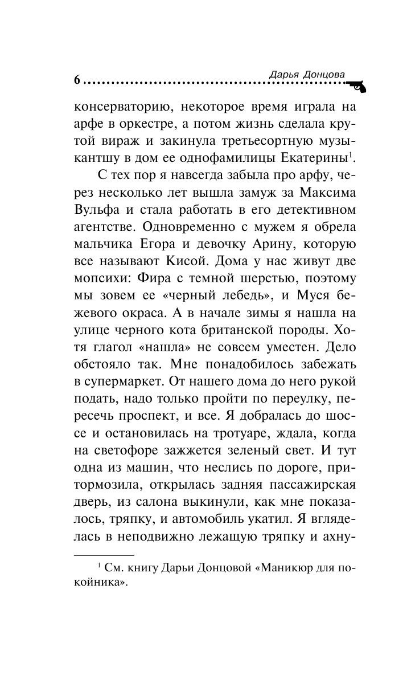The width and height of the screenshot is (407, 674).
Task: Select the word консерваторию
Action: (118, 106)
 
